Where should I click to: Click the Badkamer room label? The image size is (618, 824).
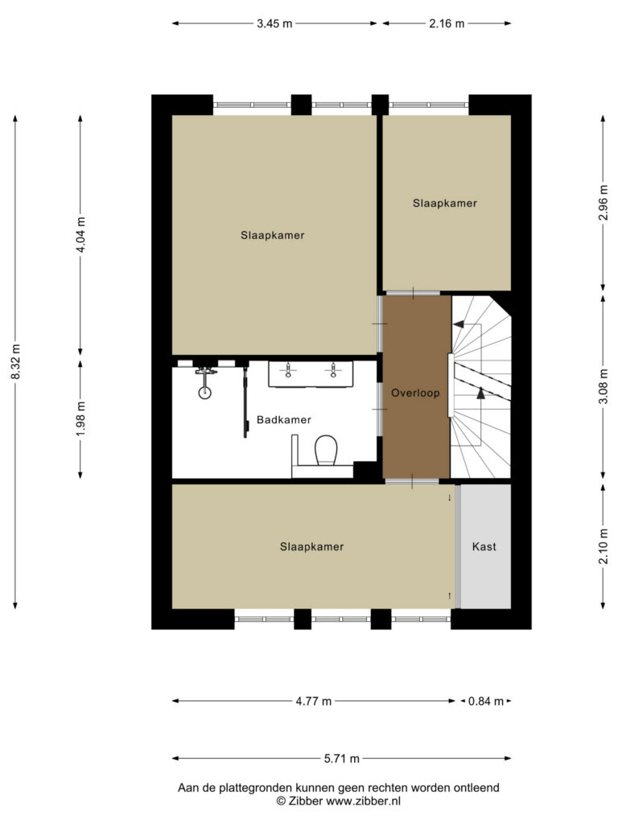(x=284, y=420)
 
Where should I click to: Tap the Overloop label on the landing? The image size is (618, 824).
(x=415, y=393)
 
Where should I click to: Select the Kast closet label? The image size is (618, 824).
(x=484, y=546)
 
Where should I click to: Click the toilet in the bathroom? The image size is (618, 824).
(x=327, y=450)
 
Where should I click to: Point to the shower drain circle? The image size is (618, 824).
(x=205, y=392)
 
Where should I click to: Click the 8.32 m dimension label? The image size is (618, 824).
(x=16, y=361)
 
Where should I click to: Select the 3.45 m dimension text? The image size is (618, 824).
(x=274, y=23)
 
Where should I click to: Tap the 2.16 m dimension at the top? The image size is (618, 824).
(x=447, y=23)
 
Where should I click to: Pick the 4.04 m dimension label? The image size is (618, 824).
(x=81, y=234)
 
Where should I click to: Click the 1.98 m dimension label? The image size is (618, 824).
(x=81, y=418)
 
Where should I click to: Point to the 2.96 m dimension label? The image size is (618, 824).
(x=604, y=203)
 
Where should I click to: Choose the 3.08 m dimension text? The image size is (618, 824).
(x=604, y=386)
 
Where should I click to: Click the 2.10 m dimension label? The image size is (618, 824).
(x=604, y=546)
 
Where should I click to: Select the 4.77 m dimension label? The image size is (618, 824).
(x=314, y=701)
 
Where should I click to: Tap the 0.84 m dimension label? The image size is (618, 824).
(x=486, y=701)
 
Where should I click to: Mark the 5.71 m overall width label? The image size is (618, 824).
(x=341, y=758)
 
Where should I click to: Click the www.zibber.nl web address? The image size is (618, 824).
(x=363, y=801)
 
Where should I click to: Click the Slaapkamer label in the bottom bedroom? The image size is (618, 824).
(x=311, y=546)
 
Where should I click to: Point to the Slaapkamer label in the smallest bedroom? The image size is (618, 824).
(x=444, y=204)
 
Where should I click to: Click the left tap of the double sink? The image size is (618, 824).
(x=288, y=370)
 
